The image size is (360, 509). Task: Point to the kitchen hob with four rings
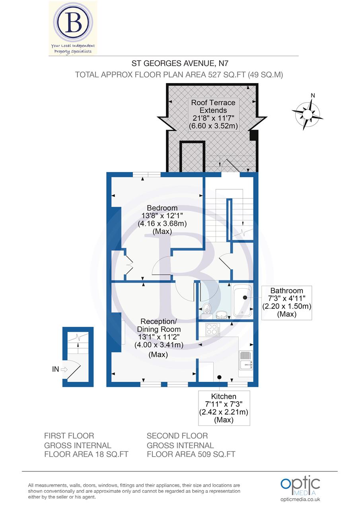[212, 329]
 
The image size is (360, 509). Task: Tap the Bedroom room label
[162, 208]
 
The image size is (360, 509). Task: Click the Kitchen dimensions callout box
[224, 408]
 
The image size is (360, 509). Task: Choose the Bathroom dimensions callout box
[286, 302]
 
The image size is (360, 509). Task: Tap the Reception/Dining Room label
[159, 325]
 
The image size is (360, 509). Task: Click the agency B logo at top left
[73, 27]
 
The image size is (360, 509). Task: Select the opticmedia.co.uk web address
[300, 499]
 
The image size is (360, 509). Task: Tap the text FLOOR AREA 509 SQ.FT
[191, 454]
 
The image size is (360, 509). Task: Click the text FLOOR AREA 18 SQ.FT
[86, 454]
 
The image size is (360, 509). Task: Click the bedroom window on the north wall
[146, 174]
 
